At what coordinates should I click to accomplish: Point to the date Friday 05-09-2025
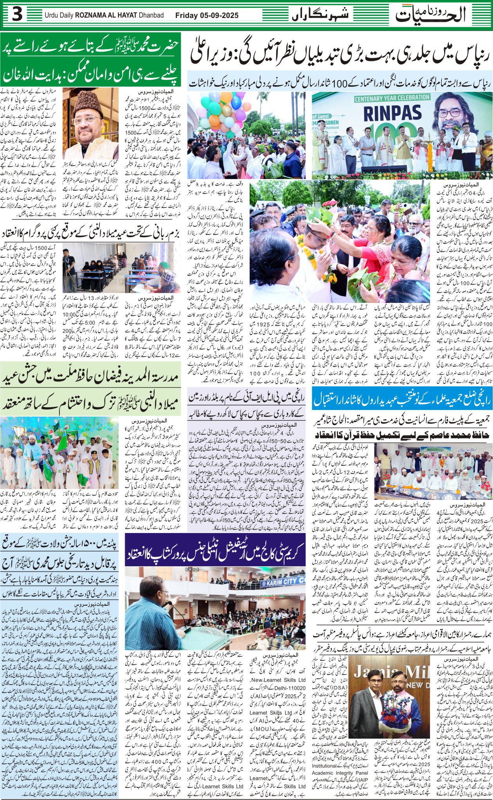click(x=206, y=16)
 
